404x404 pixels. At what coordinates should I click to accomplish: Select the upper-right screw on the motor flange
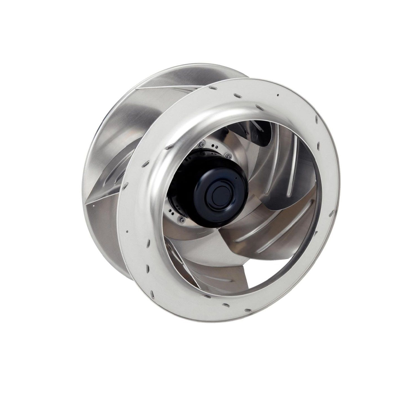pyautogui.click(x=229, y=156)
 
